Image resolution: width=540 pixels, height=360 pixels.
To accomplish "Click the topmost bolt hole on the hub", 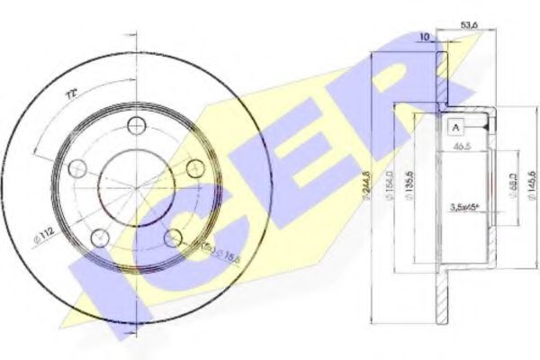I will (x=137, y=123).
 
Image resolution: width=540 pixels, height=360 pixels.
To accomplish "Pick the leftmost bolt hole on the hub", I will (x=76, y=168).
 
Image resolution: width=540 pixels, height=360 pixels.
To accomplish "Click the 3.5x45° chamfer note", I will (x=464, y=210).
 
